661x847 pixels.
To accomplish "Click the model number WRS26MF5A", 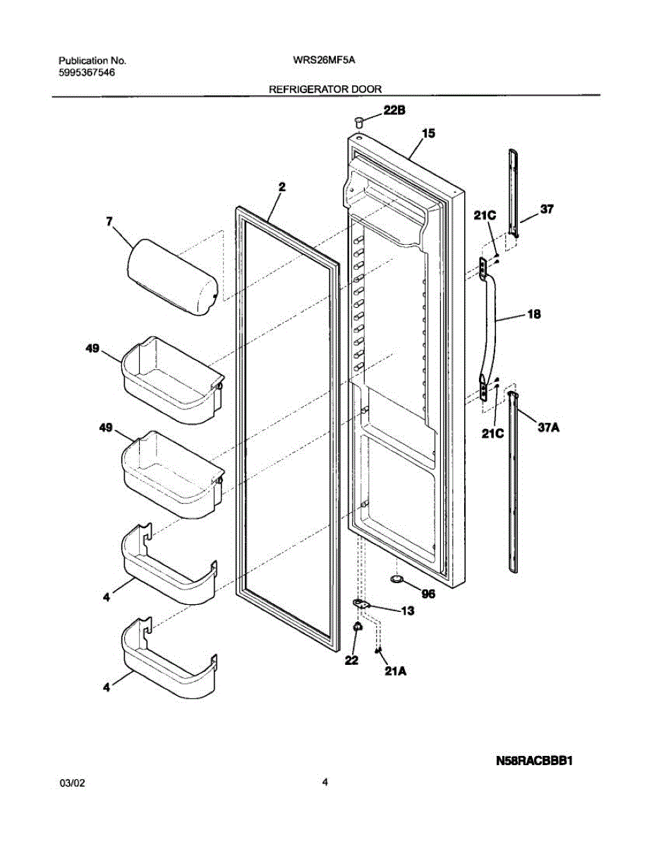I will point(324,61).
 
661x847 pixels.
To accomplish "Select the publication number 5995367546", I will point(86,73).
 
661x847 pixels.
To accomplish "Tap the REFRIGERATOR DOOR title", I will point(325,90).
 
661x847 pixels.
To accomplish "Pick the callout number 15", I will point(428,133).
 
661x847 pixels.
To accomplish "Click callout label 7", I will point(109,221).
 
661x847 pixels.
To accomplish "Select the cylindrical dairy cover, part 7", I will point(171,277).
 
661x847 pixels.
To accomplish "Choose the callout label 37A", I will point(554,427).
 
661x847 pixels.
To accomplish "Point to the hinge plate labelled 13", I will point(362,603).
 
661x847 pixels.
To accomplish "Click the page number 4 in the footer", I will point(325,782).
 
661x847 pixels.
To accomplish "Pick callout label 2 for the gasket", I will point(281,187).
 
